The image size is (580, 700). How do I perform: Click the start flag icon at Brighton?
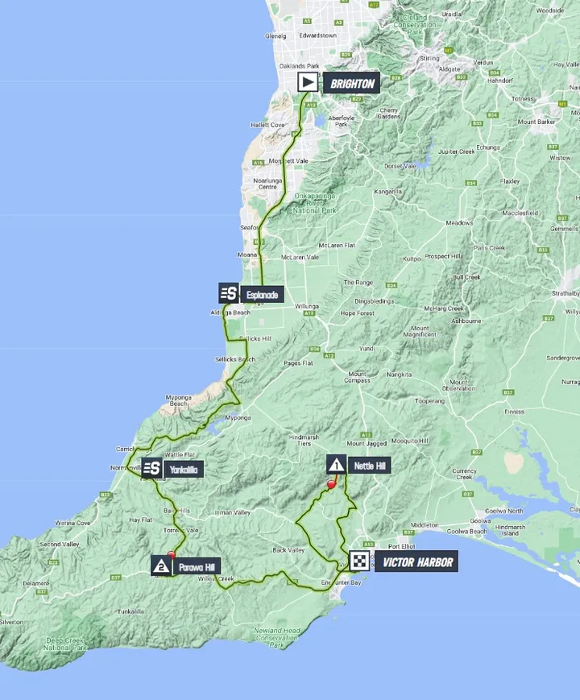pyautogui.click(x=308, y=81)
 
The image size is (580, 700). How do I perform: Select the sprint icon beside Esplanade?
pyautogui.click(x=227, y=294)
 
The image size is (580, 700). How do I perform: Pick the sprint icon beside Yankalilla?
pyautogui.click(x=151, y=468)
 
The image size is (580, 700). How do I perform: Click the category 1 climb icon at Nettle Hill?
pyautogui.click(x=336, y=464)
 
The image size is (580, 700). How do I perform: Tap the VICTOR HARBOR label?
pyautogui.click(x=417, y=562)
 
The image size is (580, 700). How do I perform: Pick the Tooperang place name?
pyautogui.click(x=429, y=400)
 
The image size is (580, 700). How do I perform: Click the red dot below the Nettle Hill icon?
pyautogui.click(x=331, y=485)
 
